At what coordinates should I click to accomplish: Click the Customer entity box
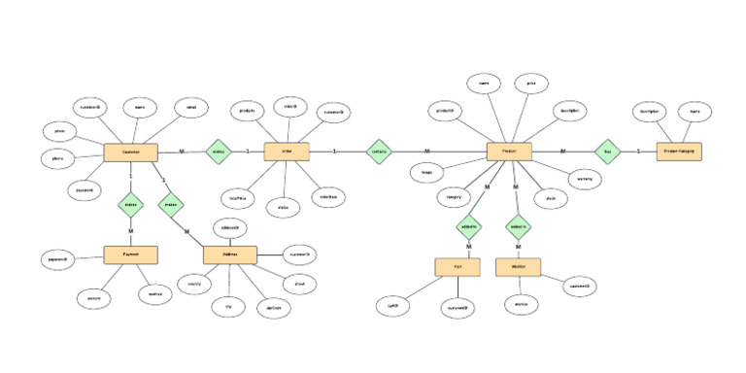pyautogui.click(x=130, y=152)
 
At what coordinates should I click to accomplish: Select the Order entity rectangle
pyautogui.click(x=287, y=152)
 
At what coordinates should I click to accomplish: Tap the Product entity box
pyautogui.click(x=510, y=152)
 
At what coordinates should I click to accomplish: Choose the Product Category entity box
pyautogui.click(x=678, y=152)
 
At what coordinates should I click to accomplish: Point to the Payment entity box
pyautogui.click(x=130, y=254)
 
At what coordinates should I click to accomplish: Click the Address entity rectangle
pyautogui.click(x=229, y=254)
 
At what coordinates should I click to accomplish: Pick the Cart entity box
pyautogui.click(x=457, y=266)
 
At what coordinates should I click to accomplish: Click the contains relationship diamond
pyautogui.click(x=379, y=152)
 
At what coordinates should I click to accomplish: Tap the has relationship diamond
pyautogui.click(x=608, y=152)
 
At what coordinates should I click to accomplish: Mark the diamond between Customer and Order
pyautogui.click(x=219, y=152)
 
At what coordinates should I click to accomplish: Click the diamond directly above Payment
pyautogui.click(x=130, y=205)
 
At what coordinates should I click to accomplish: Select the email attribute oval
pyautogui.click(x=191, y=107)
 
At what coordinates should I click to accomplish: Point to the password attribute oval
pyautogui.click(x=85, y=190)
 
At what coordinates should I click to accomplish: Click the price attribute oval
pyautogui.click(x=531, y=85)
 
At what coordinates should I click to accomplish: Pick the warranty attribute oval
pyautogui.click(x=585, y=180)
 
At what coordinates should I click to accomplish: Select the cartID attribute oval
pyautogui.click(x=393, y=305)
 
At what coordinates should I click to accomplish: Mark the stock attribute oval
pyautogui.click(x=550, y=197)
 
